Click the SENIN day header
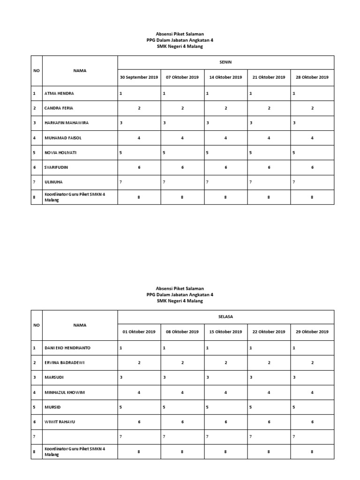(225, 62)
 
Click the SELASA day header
(225, 316)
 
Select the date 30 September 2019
(139, 77)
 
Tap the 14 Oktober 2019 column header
(225, 77)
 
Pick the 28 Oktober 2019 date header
(312, 77)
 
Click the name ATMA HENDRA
(59, 93)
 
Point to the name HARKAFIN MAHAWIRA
(66, 123)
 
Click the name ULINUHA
(53, 182)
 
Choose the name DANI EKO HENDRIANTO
(67, 348)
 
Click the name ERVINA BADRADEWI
(65, 363)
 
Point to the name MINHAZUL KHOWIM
(65, 392)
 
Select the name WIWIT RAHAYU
(60, 422)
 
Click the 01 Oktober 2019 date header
(139, 332)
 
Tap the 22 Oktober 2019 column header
(269, 332)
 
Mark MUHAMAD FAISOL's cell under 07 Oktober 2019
(182, 138)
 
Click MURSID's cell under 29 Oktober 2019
(312, 407)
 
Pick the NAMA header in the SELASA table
(80, 324)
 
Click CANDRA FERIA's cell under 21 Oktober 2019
(269, 108)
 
